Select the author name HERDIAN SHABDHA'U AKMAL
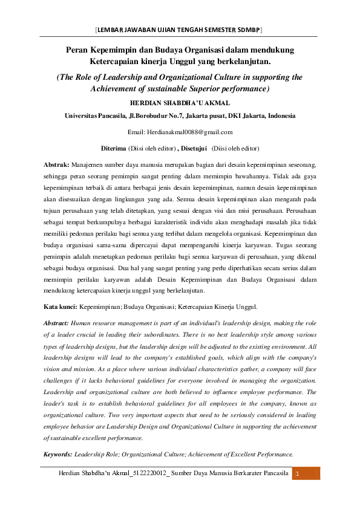[x=180, y=103]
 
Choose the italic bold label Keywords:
[x=58, y=453]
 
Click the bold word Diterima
[x=113, y=148]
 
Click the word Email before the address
[x=139, y=131]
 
